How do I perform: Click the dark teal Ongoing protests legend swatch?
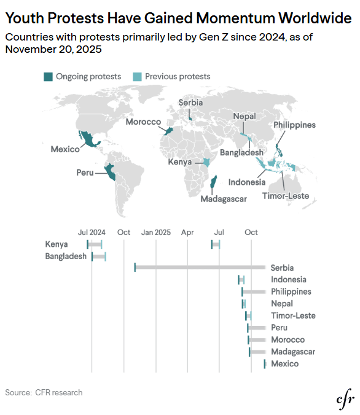pyautogui.click(x=48, y=77)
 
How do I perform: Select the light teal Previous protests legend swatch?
pyautogui.click(x=137, y=77)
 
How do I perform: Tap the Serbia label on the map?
pyautogui.click(x=190, y=103)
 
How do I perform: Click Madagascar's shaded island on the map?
pyautogui.click(x=213, y=181)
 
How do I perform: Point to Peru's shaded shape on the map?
pyautogui.click(x=110, y=171)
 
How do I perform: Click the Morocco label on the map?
pyautogui.click(x=143, y=122)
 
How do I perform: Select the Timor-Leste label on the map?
pyautogui.click(x=286, y=196)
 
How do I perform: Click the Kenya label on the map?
pyautogui.click(x=180, y=161)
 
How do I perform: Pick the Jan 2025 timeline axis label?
pyautogui.click(x=156, y=233)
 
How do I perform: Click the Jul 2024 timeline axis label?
pyautogui.click(x=92, y=233)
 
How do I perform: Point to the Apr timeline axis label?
pyautogui.click(x=187, y=233)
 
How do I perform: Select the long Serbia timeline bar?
pyautogui.click(x=200, y=267)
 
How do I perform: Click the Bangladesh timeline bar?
pyautogui.click(x=99, y=257)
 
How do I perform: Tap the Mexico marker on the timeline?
pyautogui.click(x=265, y=364)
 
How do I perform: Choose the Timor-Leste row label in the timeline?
pyautogui.click(x=293, y=316)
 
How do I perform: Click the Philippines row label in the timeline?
pyautogui.click(x=291, y=292)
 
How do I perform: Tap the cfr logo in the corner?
pyautogui.click(x=345, y=399)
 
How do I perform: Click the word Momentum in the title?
pyautogui.click(x=235, y=18)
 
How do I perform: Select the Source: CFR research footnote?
pyautogui.click(x=44, y=392)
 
